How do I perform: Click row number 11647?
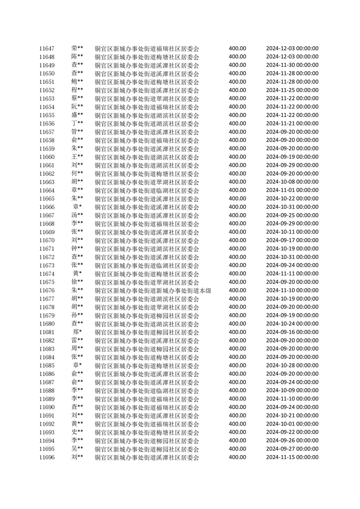click(47, 49)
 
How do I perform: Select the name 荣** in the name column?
click(77, 48)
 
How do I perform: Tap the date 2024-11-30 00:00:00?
click(292, 65)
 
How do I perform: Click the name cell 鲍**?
click(77, 82)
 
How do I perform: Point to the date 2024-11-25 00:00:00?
click(292, 90)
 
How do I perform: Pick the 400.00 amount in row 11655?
click(237, 115)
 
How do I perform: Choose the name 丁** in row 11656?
click(77, 123)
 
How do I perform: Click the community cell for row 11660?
click(147, 157)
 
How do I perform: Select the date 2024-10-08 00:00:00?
click(292, 182)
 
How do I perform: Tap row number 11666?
click(47, 207)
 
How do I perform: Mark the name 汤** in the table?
click(77, 215)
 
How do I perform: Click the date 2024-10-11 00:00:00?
click(292, 232)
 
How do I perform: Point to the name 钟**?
click(77, 249)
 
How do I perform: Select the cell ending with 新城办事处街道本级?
click(153, 290)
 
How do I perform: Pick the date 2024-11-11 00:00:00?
click(292, 274)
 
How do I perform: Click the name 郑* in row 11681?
click(77, 332)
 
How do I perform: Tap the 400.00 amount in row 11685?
click(237, 365)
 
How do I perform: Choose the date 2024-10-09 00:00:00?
click(292, 390)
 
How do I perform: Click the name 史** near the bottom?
click(77, 432)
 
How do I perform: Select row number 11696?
click(47, 457)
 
